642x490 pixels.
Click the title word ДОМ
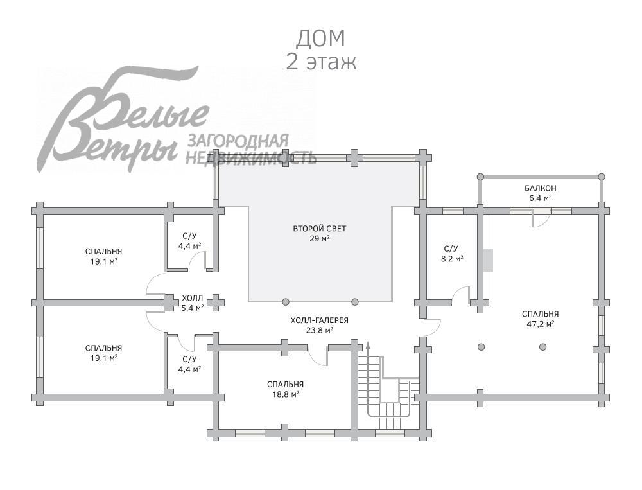320,38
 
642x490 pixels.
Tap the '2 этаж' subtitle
320,62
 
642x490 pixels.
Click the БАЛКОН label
540,188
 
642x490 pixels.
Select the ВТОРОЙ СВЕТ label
320,229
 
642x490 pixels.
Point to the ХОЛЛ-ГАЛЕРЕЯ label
320,320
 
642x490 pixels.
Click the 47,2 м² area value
540,324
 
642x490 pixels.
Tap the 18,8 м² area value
286,394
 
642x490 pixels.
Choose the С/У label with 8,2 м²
451,248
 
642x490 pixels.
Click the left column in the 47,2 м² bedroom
481,347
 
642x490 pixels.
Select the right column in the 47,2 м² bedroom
543,347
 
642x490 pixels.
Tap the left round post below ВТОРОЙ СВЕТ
286,301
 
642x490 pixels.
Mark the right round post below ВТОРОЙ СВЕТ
355,301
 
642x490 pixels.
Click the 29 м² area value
320,239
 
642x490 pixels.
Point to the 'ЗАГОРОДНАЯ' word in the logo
238,141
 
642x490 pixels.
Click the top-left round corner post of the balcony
479,176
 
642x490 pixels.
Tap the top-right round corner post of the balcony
602,176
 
